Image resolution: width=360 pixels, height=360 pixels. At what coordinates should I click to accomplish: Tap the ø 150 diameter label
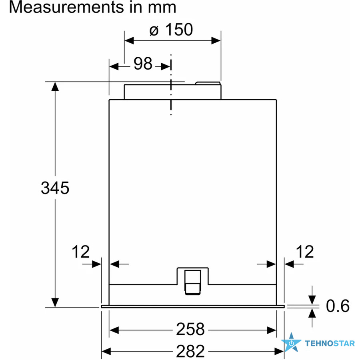(x=171, y=29)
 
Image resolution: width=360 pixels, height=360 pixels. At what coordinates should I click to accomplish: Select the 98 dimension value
(x=143, y=64)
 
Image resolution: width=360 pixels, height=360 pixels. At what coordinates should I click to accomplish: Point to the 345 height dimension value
(x=55, y=188)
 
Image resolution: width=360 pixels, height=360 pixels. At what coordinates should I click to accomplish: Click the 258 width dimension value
(x=190, y=329)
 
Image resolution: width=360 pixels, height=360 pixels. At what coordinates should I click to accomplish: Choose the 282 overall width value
(x=190, y=351)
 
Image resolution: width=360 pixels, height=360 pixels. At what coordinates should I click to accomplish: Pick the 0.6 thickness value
(x=338, y=306)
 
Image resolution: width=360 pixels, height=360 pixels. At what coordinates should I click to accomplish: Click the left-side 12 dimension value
(x=80, y=252)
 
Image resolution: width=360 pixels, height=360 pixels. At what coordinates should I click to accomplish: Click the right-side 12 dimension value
(x=305, y=252)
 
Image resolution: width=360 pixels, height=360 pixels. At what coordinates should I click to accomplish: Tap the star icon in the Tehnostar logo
(x=291, y=342)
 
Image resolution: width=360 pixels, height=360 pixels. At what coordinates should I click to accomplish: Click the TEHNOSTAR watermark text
(x=330, y=343)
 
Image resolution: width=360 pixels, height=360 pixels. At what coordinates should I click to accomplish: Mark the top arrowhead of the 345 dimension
(x=55, y=86)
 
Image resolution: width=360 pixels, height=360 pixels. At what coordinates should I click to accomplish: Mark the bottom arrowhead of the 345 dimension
(x=55, y=302)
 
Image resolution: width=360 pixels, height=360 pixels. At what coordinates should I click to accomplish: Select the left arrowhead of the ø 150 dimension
(x=129, y=41)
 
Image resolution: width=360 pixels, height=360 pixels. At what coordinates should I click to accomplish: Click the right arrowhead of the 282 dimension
(x=280, y=351)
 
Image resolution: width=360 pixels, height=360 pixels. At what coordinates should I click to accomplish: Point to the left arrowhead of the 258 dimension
(x=114, y=330)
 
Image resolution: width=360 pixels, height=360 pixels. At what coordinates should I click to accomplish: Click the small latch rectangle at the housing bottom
(x=193, y=282)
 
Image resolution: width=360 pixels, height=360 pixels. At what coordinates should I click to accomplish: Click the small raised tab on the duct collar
(x=208, y=83)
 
